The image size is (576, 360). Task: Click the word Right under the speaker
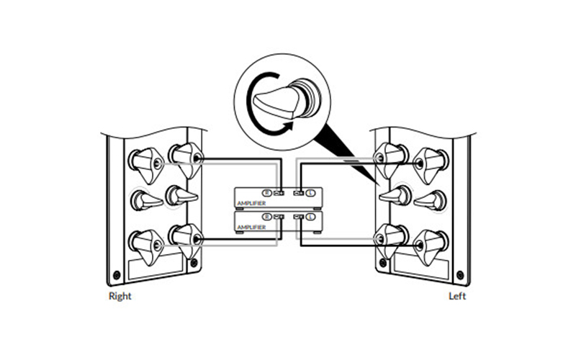click(119, 295)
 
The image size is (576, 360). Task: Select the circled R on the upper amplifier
click(267, 193)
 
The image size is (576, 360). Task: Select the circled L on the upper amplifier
click(310, 193)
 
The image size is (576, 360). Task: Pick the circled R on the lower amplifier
click(267, 216)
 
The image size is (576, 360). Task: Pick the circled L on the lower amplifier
click(310, 216)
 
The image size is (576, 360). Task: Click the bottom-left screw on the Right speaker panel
click(117, 274)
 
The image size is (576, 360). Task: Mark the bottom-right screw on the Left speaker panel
click(459, 274)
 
